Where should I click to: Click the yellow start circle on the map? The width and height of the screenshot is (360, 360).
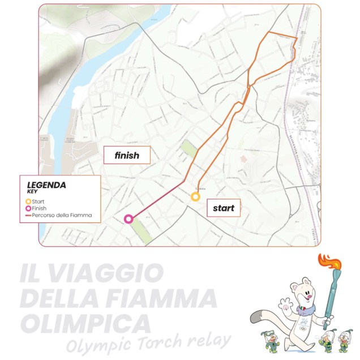point(195,196)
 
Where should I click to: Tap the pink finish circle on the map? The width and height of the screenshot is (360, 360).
point(128,219)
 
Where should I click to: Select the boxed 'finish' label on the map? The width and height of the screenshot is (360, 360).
point(127,155)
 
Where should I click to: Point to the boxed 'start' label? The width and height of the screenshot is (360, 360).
point(224,208)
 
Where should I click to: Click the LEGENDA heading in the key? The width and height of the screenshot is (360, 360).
point(46,185)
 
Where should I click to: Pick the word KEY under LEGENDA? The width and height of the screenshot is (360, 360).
point(32,191)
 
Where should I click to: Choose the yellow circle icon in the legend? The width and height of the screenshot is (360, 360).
point(28,201)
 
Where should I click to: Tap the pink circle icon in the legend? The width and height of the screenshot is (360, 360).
point(28,208)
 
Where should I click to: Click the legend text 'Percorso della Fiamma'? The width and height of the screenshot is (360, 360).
point(62,216)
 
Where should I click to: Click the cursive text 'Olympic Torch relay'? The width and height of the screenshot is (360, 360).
point(148,342)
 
